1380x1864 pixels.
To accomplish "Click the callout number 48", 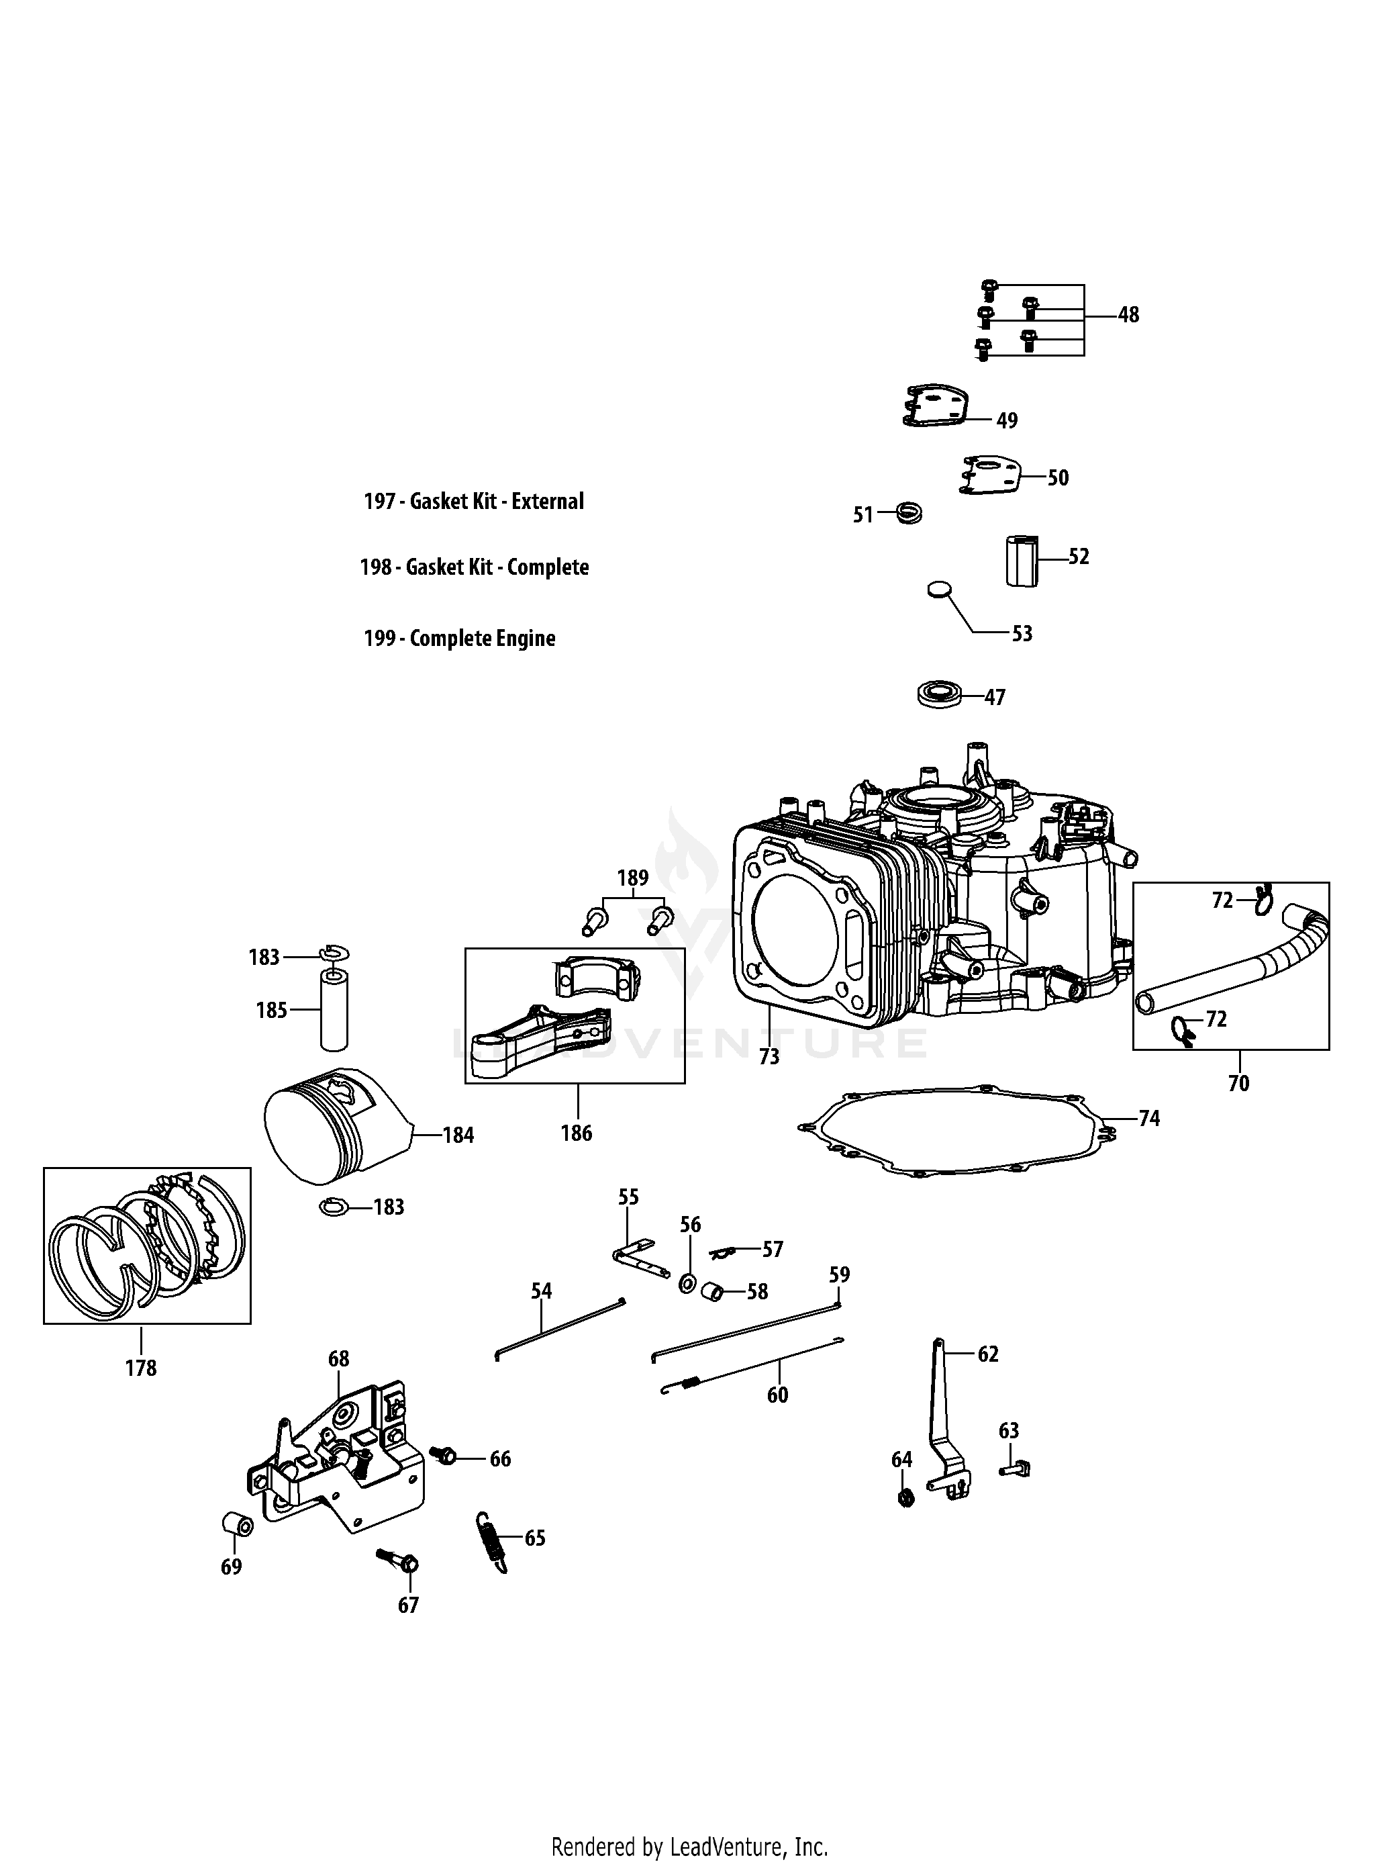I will [x=1128, y=315].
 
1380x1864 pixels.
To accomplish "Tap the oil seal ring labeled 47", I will [x=938, y=694].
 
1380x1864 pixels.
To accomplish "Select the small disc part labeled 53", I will [x=940, y=589].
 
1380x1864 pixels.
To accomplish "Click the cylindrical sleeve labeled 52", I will [x=1020, y=561].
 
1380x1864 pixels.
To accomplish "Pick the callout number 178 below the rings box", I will [x=140, y=1368].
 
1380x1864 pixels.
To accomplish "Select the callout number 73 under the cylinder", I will [x=769, y=1057].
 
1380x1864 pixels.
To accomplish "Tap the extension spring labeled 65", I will [x=492, y=1542].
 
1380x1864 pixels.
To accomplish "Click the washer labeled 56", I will [x=687, y=1283].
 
